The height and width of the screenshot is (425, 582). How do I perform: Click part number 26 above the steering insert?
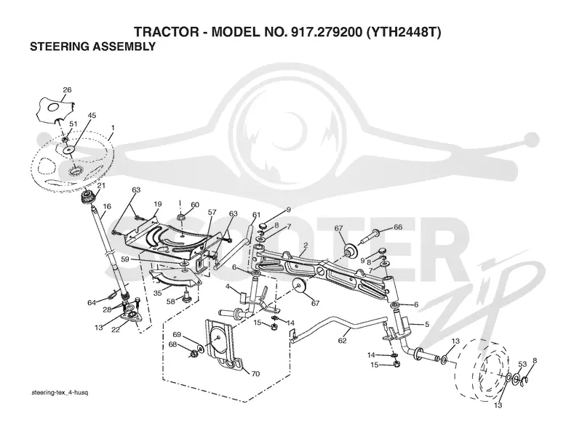pos(67,89)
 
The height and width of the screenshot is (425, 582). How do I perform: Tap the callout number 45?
pos(92,116)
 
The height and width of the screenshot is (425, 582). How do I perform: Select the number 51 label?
pos(73,124)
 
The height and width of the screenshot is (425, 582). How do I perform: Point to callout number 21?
pos(101,185)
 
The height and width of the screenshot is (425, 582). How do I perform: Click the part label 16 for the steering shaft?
pos(107,206)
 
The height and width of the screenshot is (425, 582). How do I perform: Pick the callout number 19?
pos(158,204)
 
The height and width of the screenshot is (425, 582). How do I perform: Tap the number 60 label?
pos(195,205)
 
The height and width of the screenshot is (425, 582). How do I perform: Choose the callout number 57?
pos(212,212)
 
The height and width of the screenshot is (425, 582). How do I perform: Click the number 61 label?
pos(257,214)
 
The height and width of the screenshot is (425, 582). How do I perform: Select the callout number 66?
pos(398,227)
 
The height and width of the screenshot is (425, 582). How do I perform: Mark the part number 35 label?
pos(157,293)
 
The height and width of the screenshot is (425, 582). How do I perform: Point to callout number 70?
pos(255,374)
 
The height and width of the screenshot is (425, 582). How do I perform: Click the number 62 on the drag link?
pos(342,341)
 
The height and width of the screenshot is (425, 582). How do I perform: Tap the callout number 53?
pos(522,364)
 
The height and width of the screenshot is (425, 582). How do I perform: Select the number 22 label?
pos(116,330)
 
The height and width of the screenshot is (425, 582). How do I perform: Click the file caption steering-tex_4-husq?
pos(60,392)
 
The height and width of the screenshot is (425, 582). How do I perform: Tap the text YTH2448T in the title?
pos(403,32)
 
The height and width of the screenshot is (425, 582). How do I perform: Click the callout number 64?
pos(92,303)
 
